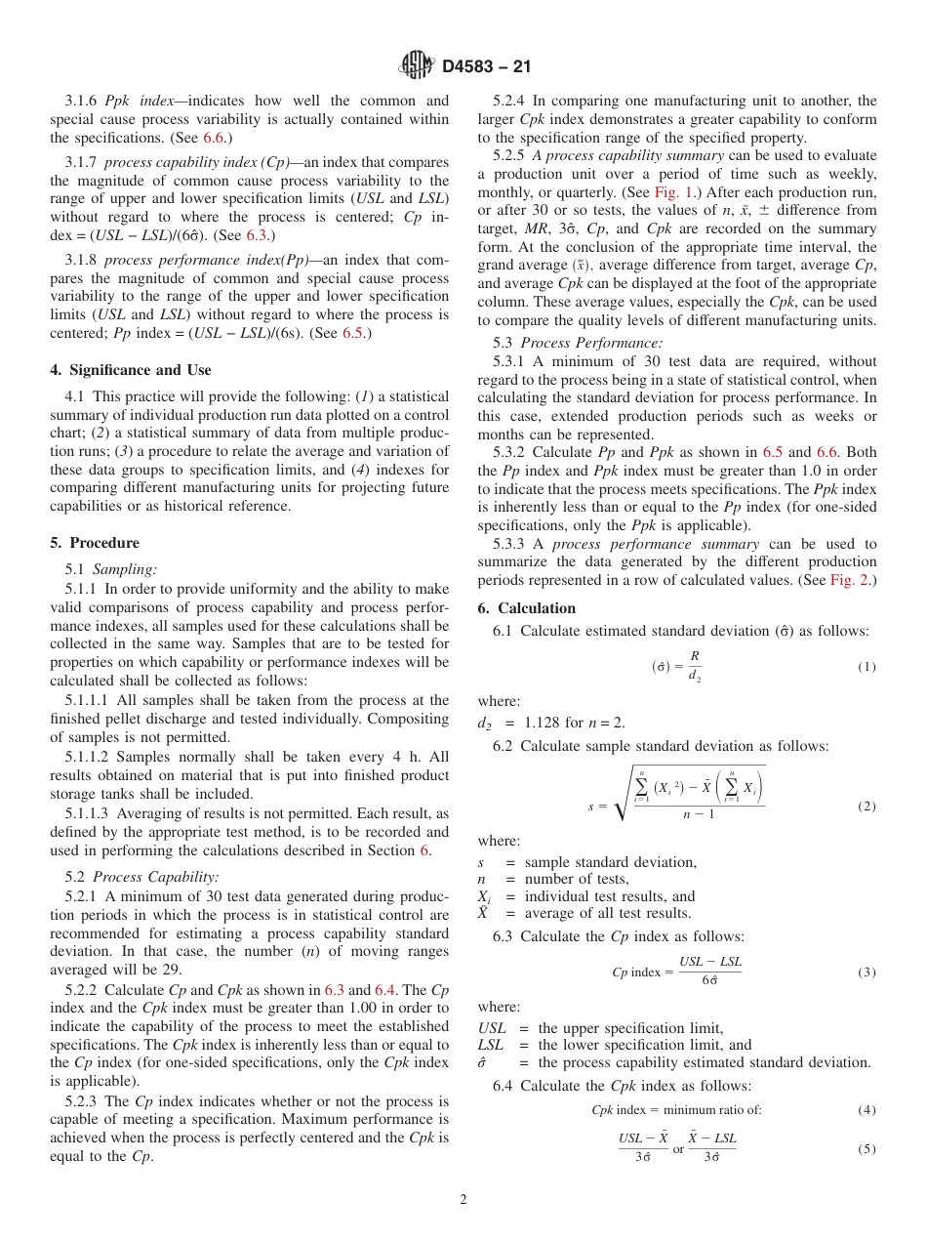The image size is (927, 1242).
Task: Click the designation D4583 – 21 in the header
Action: coord(486,67)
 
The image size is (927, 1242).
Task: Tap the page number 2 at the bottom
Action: coord(463,1200)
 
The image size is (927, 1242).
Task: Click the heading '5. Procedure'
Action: coord(95,543)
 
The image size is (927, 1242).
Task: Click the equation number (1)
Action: coord(867,667)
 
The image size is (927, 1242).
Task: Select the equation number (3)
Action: coord(867,973)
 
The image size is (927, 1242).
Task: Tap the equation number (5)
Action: coord(867,1149)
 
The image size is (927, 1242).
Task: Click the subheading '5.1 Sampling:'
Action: coord(111,569)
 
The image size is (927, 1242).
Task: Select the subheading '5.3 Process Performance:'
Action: coord(578,343)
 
